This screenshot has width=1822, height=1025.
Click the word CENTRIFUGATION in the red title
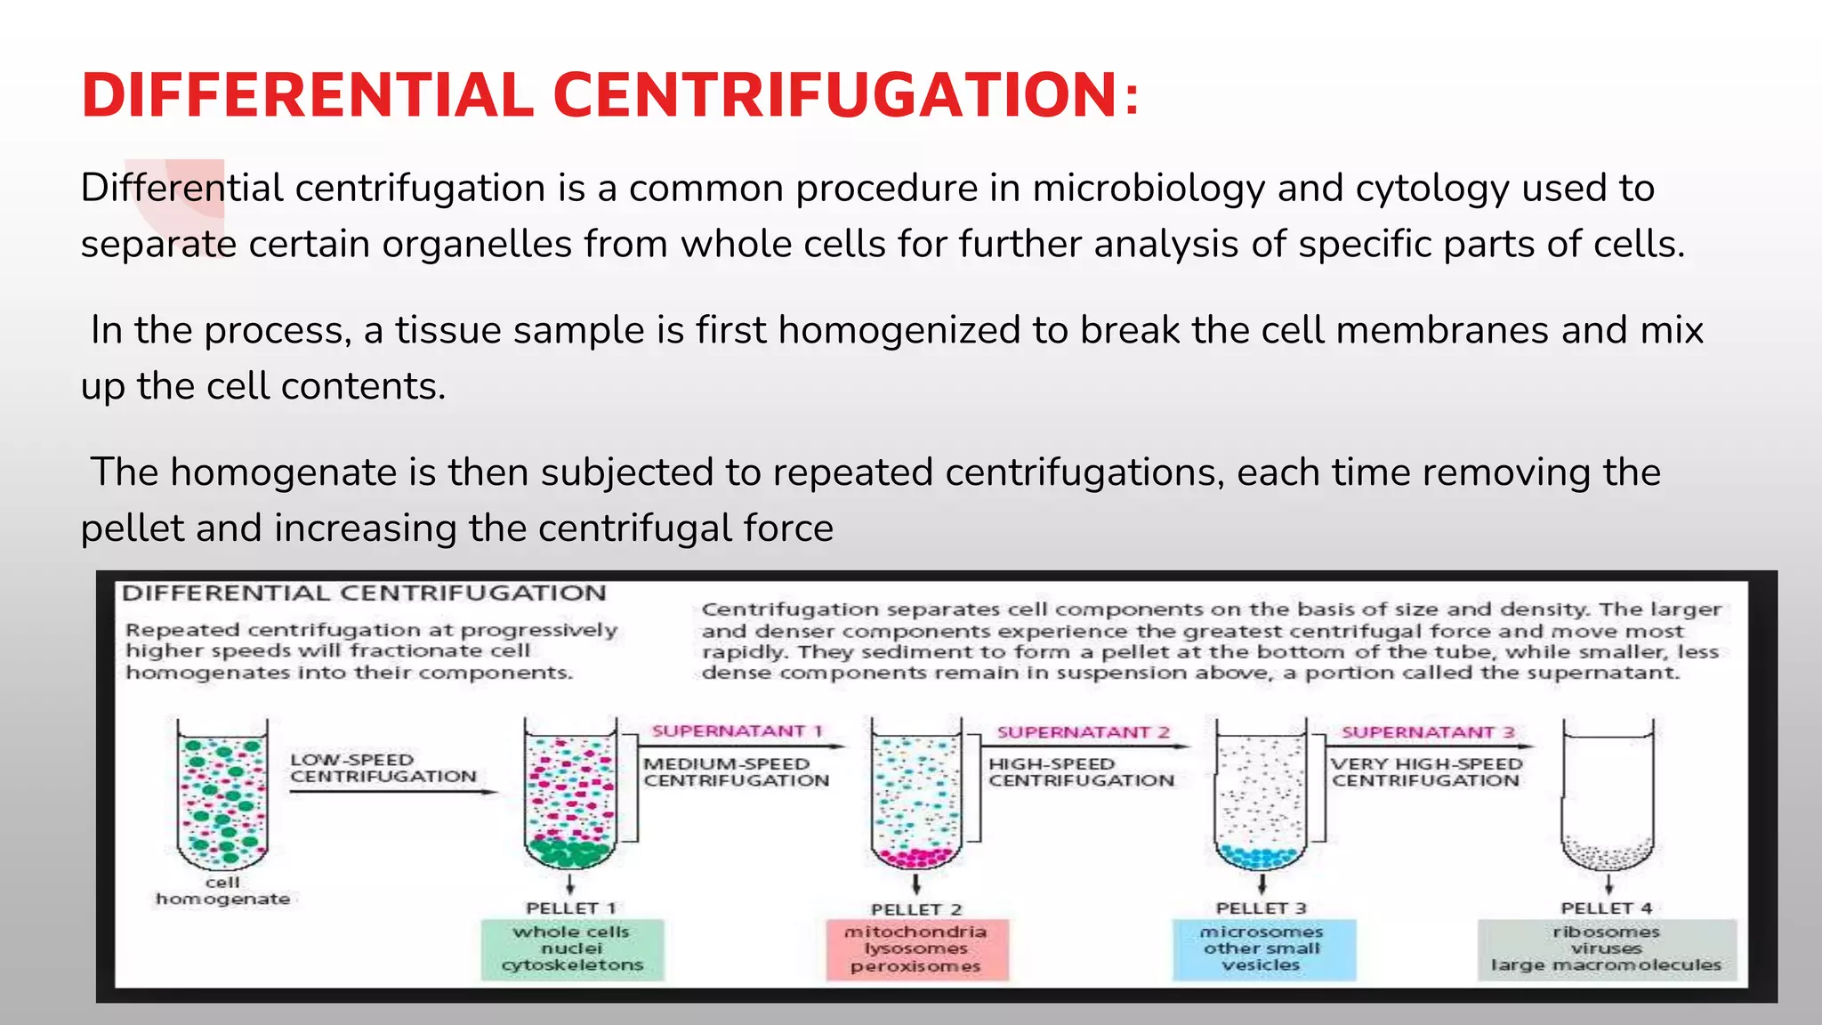coord(834,95)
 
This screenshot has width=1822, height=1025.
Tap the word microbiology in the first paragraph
coord(1148,189)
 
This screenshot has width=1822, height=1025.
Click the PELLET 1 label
coord(571,908)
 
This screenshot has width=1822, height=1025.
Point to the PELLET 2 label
coord(916,909)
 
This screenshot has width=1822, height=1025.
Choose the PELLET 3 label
coord(1261,908)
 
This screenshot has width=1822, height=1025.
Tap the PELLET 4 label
coord(1606,908)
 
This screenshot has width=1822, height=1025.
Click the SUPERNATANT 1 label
coord(737,731)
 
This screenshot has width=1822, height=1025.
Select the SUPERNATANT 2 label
coord(1083,732)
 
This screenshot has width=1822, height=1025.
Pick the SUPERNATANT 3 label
coord(1428,732)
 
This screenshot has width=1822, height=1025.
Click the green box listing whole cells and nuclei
coord(572,949)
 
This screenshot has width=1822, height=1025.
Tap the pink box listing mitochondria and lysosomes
coord(916,949)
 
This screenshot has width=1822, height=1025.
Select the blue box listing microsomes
coord(1262,949)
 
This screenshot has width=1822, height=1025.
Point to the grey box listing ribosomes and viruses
coord(1607,949)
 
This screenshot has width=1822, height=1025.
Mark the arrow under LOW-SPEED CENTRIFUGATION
coord(391,791)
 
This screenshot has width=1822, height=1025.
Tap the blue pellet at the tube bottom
coord(1261,857)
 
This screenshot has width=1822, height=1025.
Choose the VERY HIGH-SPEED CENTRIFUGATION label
coord(1426,772)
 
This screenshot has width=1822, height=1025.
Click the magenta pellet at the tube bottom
coord(916,857)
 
